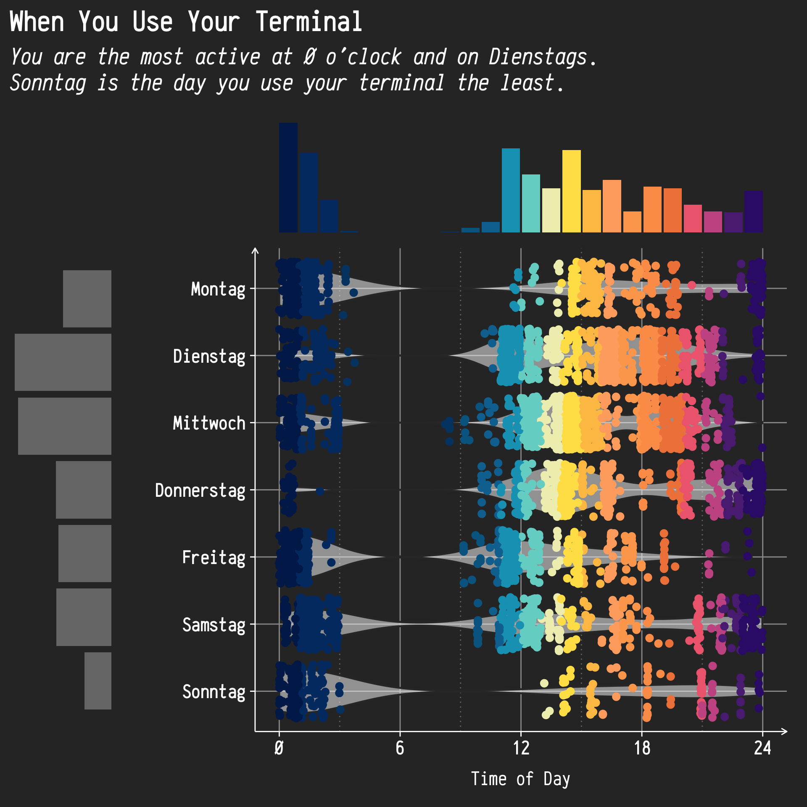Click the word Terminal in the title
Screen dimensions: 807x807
click(x=309, y=22)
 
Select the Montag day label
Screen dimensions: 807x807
click(x=218, y=289)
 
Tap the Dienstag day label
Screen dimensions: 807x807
click(x=209, y=356)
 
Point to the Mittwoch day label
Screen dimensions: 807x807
click(x=209, y=423)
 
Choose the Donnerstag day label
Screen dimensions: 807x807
click(x=200, y=491)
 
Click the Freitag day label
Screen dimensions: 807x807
click(x=214, y=558)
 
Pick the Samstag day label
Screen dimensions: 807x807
click(x=214, y=625)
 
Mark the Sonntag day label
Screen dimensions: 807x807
click(x=214, y=692)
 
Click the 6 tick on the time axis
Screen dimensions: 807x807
click(x=400, y=749)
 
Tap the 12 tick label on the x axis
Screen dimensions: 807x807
click(x=521, y=749)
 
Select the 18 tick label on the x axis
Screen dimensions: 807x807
click(x=642, y=749)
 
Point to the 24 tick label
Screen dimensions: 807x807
click(x=762, y=749)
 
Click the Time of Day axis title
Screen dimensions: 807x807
click(x=520, y=779)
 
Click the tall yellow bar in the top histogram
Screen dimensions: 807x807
click(x=571, y=191)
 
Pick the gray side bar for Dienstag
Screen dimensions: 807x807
click(x=63, y=362)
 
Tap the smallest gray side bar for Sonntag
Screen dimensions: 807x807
click(x=98, y=681)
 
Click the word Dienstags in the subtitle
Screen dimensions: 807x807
click(x=538, y=57)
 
